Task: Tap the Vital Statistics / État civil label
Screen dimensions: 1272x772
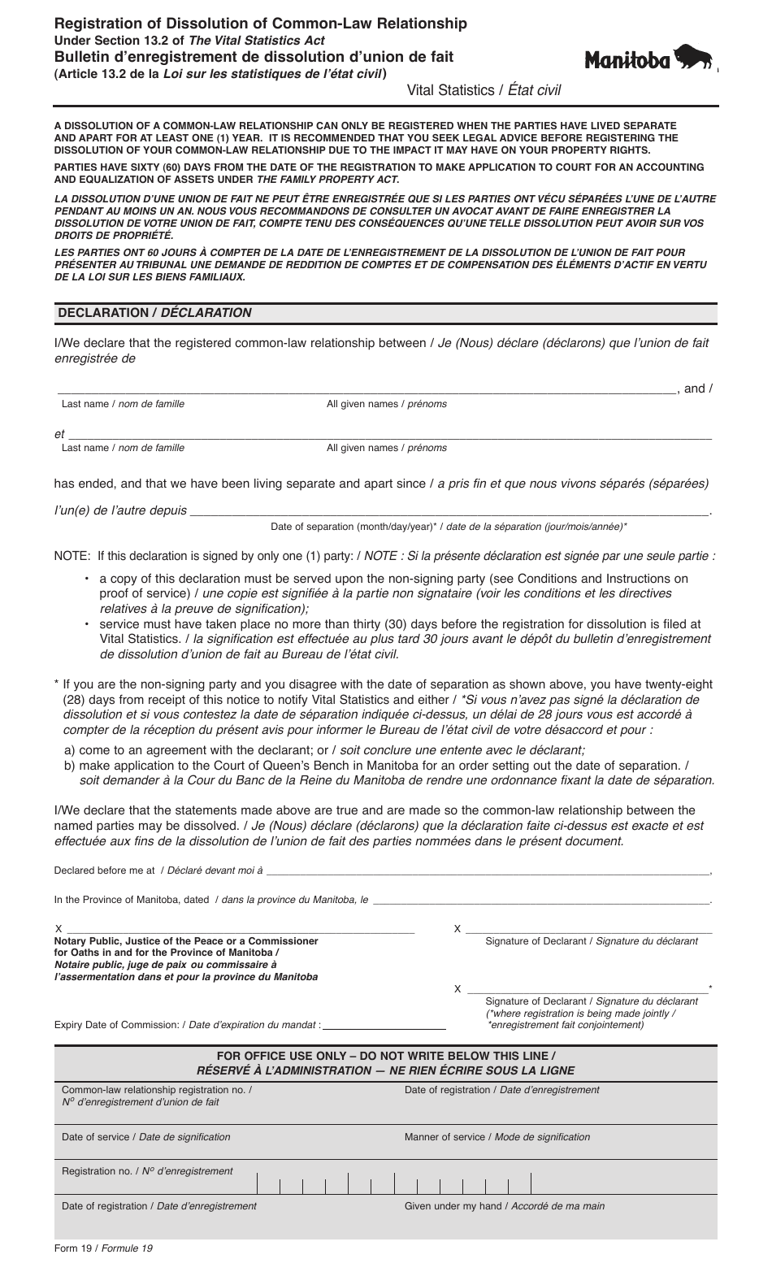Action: (x=484, y=90)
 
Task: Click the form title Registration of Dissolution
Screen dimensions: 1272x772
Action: (x=260, y=24)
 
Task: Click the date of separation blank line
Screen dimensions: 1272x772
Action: (x=449, y=511)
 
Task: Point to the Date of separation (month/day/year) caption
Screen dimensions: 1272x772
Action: (x=449, y=527)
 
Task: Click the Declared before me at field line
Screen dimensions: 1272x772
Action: (x=488, y=870)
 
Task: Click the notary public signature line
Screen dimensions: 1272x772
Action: (x=240, y=928)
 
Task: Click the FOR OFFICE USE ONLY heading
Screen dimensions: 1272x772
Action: (x=385, y=1056)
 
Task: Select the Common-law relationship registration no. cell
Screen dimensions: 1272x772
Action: (x=157, y=1096)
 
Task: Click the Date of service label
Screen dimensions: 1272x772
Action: (x=146, y=1137)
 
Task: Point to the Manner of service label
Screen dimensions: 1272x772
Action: (x=497, y=1137)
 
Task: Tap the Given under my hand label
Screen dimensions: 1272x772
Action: (x=504, y=1206)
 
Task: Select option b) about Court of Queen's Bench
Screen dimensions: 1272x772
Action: (x=374, y=766)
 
